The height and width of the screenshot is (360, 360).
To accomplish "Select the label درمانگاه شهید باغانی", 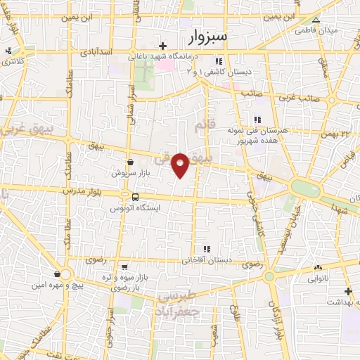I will point(162,58).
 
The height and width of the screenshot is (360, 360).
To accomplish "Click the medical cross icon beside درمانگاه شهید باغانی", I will point(162,46).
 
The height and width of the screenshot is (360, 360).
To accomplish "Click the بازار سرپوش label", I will point(130,172).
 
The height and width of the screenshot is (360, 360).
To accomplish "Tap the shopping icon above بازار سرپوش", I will point(131,161).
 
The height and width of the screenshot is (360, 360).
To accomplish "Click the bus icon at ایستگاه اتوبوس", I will point(134,197).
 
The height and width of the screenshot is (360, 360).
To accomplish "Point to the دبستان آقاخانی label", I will point(207,260).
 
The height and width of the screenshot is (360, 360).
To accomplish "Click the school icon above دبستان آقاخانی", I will point(207,249).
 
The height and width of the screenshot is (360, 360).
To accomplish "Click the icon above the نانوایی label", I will point(319,267).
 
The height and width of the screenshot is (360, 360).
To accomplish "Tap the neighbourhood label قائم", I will point(202,125).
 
